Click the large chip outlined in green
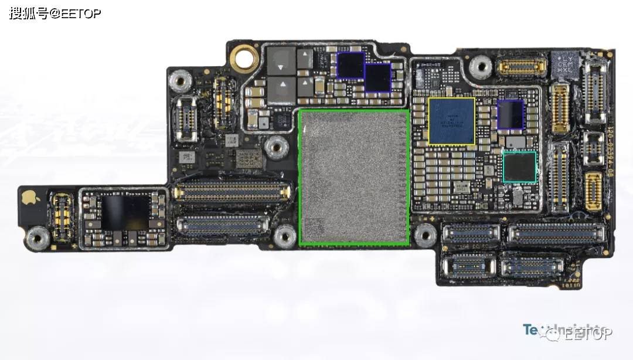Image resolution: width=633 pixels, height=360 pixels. click(x=354, y=176)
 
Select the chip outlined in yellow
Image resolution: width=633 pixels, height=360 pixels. click(x=451, y=121)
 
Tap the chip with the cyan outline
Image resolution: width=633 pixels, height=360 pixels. click(x=519, y=167)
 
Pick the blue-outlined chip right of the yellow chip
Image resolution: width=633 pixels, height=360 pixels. click(x=510, y=114)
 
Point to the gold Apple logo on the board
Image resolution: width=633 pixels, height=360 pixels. click(x=28, y=198)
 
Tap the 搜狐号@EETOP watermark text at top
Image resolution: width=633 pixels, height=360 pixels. click(x=55, y=13)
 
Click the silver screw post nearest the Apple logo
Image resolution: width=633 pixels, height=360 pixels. click(x=38, y=237)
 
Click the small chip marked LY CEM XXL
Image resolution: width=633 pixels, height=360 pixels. click(x=564, y=63)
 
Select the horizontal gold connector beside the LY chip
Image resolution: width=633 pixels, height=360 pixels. click(x=522, y=66)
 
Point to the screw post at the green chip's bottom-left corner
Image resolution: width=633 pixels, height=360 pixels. click(x=285, y=236)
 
